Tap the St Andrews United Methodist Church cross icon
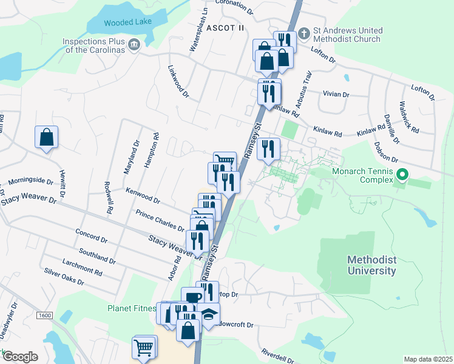tap(305, 30)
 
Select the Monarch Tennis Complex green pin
tap(401, 175)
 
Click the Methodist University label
tap(371, 265)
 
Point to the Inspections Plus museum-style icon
tap(134, 43)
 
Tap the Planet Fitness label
tap(132, 308)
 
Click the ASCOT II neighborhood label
tap(225, 28)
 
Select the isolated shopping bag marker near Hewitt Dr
tap(47, 138)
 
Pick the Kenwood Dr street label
tap(143, 195)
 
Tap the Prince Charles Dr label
tap(160, 220)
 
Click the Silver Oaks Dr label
tap(64, 277)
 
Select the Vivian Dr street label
tap(337, 95)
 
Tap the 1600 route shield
tap(44, 315)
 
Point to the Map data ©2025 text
tap(427, 359)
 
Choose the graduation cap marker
tap(209, 315)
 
